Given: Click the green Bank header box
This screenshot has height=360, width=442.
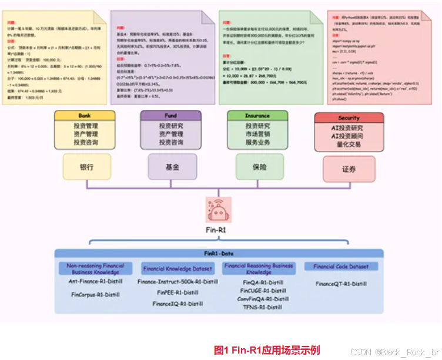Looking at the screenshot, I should (x=84, y=116).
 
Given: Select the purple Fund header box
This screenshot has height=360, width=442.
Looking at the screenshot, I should (x=171, y=116).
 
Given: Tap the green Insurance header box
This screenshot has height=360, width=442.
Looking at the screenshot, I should (x=257, y=116).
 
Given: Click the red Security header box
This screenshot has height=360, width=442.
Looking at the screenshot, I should (x=348, y=117).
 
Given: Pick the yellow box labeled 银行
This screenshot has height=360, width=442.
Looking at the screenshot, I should (x=86, y=167).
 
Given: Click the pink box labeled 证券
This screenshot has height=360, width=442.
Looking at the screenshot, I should (x=349, y=169).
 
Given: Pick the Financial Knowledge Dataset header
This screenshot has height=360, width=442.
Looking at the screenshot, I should (x=178, y=269).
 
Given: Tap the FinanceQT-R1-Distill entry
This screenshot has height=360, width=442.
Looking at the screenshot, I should (x=341, y=284).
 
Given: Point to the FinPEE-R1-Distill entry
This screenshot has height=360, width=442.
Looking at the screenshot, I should (x=178, y=292).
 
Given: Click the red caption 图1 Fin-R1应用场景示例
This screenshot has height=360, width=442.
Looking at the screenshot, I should (x=267, y=350).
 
